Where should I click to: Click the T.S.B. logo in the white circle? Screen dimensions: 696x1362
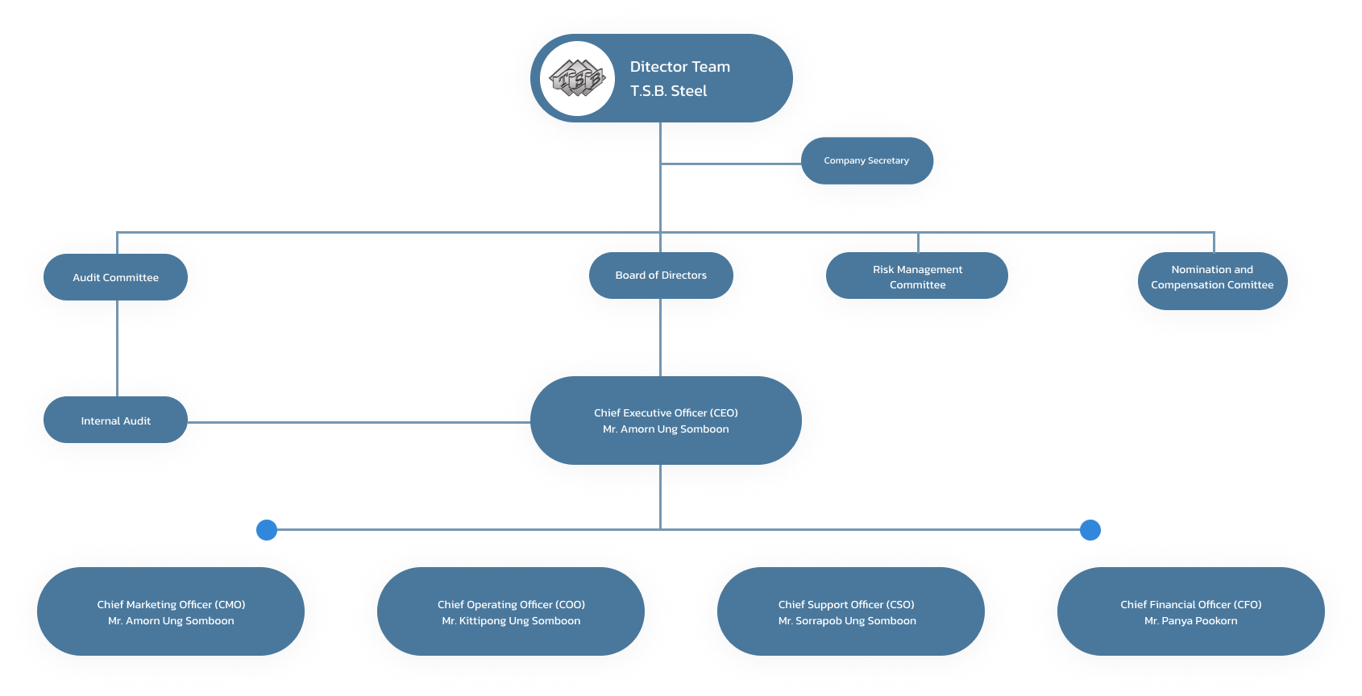pos(577,79)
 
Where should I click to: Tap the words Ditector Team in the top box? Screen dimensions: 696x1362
pos(679,67)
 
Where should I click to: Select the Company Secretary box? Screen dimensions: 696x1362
pos(866,161)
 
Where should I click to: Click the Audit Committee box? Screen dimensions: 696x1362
pos(116,278)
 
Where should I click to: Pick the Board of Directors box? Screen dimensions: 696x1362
pos(661,275)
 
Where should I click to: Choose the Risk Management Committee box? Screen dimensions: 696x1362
pos(917,277)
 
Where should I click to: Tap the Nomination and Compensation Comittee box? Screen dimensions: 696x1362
pos(1212,278)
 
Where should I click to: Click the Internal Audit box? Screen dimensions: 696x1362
pos(116,421)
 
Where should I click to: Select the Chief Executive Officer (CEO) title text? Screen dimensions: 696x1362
pos(666,413)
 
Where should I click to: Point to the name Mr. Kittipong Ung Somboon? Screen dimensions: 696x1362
pos(511,621)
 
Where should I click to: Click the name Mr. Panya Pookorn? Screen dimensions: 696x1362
pos(1190,621)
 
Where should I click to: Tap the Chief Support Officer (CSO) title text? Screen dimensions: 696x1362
pos(846,605)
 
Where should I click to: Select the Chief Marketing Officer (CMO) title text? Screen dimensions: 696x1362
pos(171,605)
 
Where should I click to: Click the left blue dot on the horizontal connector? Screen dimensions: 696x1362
pos(267,530)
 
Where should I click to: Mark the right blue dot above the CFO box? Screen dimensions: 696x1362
pos(1090,530)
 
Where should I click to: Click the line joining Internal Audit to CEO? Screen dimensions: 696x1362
pos(359,422)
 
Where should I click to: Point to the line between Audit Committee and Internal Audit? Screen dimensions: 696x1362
pos(118,348)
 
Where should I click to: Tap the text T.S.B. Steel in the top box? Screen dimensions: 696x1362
pos(668,91)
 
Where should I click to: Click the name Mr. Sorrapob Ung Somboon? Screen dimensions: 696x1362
pos(847,621)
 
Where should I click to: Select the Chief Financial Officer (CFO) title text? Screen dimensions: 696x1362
pos(1190,605)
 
